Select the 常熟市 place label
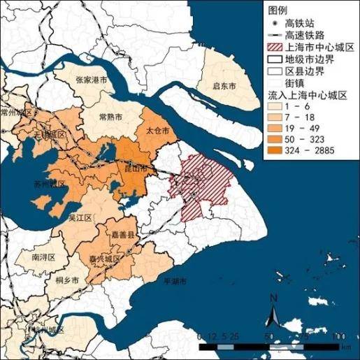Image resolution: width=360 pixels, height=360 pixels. [x=112, y=117]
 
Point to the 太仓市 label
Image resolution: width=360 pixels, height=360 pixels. [x=159, y=130]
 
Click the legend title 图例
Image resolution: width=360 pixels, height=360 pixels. [x=278, y=8]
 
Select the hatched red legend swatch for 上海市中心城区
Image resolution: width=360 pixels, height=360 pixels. [x=275, y=45]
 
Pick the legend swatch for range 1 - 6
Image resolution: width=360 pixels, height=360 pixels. [x=275, y=104]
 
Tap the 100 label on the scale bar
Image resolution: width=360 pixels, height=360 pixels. [x=340, y=336]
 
